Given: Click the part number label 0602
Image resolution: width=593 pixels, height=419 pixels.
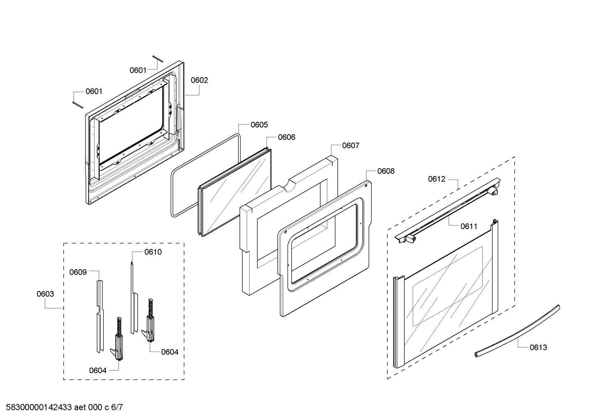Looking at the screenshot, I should [199, 80].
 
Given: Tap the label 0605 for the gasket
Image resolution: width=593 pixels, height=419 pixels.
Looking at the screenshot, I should [259, 125].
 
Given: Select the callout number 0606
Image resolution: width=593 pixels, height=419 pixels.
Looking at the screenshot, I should [286, 137].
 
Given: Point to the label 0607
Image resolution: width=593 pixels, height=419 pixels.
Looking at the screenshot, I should [350, 146].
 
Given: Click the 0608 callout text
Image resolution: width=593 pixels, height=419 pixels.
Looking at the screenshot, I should [385, 171].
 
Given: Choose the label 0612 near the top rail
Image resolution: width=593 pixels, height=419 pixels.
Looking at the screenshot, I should [436, 179].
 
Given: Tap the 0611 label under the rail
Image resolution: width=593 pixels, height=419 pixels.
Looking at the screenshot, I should [469, 226].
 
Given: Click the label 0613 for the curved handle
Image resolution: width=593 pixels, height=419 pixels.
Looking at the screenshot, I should [538, 347].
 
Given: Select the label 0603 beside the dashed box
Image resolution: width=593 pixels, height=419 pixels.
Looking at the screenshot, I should [45, 294].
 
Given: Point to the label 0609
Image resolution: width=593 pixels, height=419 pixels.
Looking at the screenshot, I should [78, 272].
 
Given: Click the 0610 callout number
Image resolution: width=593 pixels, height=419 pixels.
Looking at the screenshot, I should [153, 252].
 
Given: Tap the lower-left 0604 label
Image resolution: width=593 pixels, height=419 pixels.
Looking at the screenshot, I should [97, 370].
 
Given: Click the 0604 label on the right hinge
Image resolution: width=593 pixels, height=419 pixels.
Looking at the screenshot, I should [169, 352].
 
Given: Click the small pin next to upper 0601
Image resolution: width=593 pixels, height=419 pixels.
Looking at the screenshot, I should [158, 58].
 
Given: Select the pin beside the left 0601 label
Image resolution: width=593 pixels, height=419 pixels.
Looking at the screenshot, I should [77, 104].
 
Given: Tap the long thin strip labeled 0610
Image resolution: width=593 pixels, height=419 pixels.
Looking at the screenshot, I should [133, 296].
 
